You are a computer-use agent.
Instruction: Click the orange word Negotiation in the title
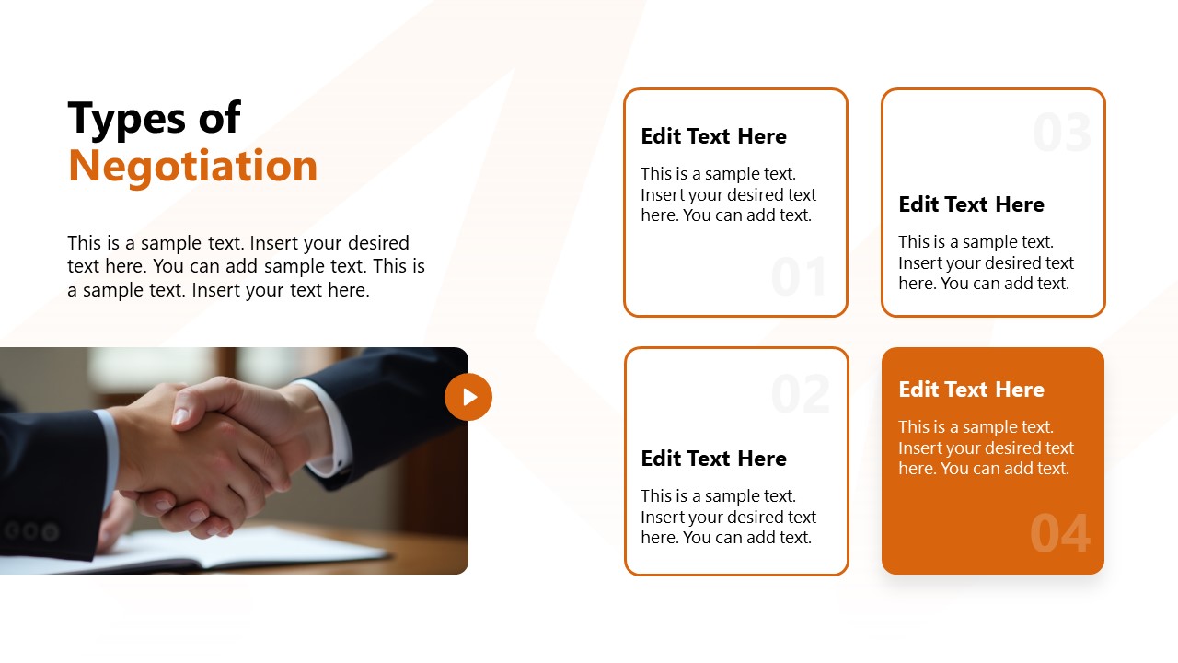[193, 167]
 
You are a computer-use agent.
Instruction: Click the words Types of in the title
[155, 119]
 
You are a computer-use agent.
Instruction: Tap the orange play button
[468, 397]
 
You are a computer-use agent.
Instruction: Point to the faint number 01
[799, 276]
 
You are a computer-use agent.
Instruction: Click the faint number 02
[801, 393]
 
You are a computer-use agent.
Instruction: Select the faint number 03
[1062, 132]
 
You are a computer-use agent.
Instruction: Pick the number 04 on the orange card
[1059, 533]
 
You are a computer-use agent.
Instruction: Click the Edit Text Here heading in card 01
[713, 136]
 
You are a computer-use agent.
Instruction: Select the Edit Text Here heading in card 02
[713, 459]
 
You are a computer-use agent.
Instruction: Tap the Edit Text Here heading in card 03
[971, 204]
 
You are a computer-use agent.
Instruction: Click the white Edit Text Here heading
[971, 390]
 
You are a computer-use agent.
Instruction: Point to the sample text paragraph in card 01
[728, 194]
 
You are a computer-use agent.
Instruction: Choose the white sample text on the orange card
[986, 448]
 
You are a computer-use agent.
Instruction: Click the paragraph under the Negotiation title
[246, 266]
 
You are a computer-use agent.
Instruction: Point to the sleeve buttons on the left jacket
[30, 531]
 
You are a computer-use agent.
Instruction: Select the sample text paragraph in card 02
[728, 517]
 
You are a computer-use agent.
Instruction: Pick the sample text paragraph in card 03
[986, 262]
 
